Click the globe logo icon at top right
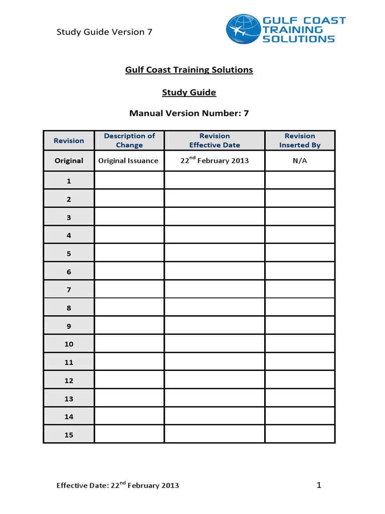[243, 29]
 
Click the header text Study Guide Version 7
[104, 32]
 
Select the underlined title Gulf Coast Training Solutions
[189, 70]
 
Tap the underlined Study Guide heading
[189, 93]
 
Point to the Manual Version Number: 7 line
[189, 113]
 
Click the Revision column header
[69, 141]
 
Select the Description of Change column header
[129, 141]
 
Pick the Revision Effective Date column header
[215, 141]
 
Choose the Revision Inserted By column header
[300, 141]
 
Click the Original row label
[69, 161]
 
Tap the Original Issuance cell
[128, 161]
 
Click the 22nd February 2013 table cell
[215, 161]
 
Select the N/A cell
[300, 161]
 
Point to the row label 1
[69, 181]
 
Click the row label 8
[69, 308]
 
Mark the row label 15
[69, 435]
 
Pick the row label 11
[69, 362]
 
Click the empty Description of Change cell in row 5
[129, 253]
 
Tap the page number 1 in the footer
[318, 485]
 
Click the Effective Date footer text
[117, 485]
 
